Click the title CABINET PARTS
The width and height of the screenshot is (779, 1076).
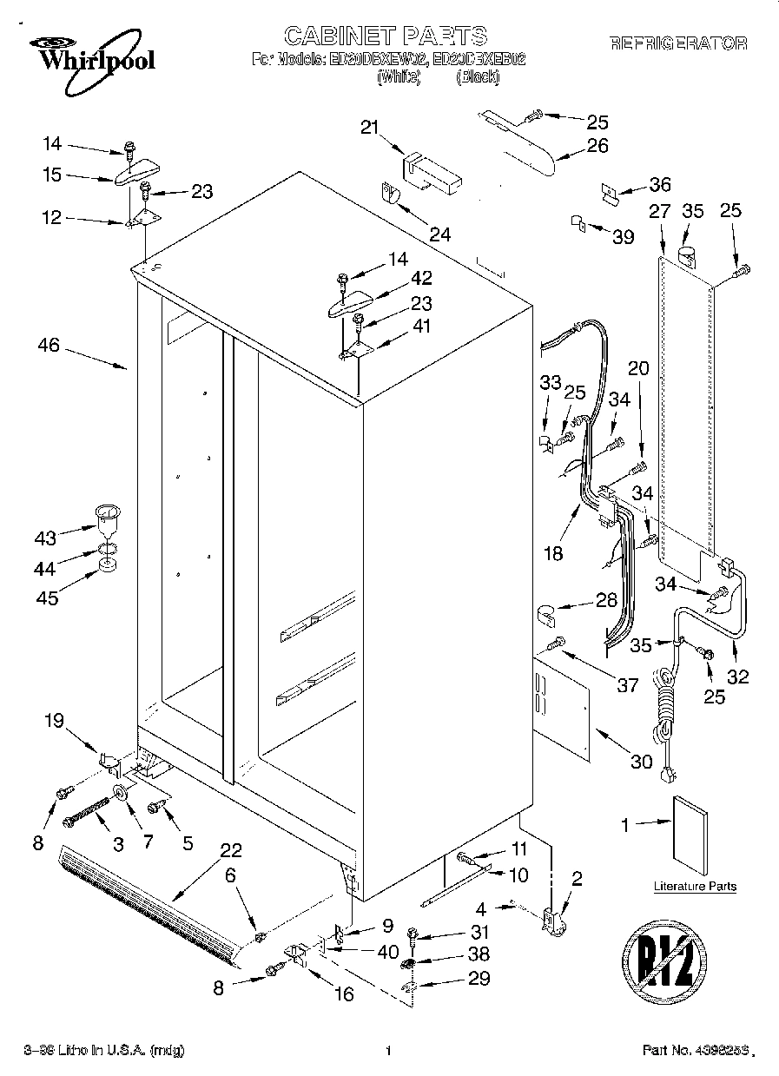pyautogui.click(x=386, y=36)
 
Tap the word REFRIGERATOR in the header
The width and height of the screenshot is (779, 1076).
pyautogui.click(x=677, y=43)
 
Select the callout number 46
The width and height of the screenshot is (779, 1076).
pyautogui.click(x=49, y=346)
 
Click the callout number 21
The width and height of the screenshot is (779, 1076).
pyautogui.click(x=371, y=128)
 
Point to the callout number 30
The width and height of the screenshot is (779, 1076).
pyautogui.click(x=640, y=762)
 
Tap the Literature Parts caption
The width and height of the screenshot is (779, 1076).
pyautogui.click(x=695, y=887)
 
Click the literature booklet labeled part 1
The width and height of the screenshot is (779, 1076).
pyautogui.click(x=690, y=832)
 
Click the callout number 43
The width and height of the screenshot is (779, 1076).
pyautogui.click(x=44, y=538)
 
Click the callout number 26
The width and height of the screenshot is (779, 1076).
pyautogui.click(x=597, y=145)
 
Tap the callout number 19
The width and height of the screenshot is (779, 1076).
pyautogui.click(x=54, y=719)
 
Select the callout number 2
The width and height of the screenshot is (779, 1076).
pyautogui.click(x=576, y=878)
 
